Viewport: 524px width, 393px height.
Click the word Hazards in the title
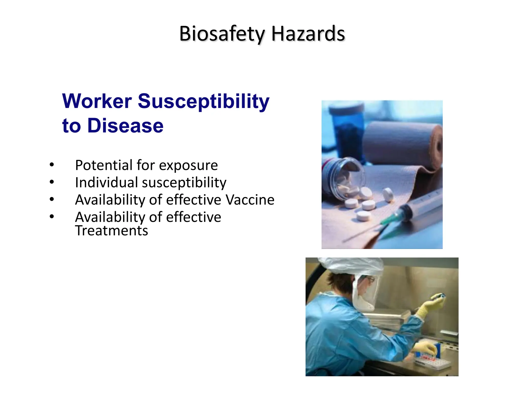[308, 34]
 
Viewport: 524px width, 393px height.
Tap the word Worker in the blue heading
[97, 101]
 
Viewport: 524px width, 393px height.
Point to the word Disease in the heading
[125, 126]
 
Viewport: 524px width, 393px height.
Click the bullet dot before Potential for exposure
[52, 165]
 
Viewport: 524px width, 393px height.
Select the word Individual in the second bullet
[106, 182]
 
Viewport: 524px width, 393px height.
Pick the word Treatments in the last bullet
[112, 231]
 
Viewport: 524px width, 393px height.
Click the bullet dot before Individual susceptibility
[52, 182]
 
